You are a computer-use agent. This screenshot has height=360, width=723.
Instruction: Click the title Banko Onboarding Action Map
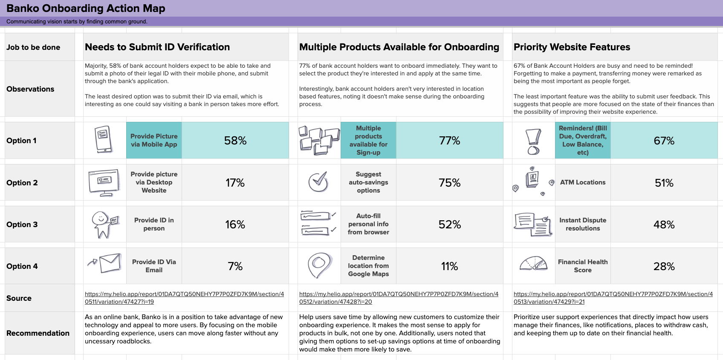point(86,9)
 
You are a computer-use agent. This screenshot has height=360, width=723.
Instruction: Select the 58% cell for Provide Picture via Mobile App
point(235,141)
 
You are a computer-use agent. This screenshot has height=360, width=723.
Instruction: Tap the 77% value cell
point(449,141)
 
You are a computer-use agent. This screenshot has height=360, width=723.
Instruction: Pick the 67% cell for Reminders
point(664,141)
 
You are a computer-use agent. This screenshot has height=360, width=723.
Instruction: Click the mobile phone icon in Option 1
point(104,139)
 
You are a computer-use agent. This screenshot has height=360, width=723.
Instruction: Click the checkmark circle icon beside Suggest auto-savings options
point(318,182)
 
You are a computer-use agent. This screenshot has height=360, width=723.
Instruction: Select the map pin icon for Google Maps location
point(319,265)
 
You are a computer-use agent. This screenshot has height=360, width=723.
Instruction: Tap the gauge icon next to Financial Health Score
point(533,264)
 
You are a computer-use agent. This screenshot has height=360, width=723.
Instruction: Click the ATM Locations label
point(582,182)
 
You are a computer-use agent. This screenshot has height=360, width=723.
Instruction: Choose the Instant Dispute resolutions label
point(582,224)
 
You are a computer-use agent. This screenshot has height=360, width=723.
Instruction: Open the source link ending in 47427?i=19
point(184,298)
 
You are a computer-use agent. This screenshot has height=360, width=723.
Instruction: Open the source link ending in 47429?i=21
point(613,298)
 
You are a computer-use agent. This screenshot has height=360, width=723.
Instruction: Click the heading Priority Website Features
point(572,47)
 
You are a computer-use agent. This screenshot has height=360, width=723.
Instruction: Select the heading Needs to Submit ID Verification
point(157,47)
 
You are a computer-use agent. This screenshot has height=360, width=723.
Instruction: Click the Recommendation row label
point(38,333)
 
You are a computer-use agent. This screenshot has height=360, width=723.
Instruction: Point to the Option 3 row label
point(22,225)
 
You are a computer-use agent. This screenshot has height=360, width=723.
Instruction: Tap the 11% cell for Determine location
point(449,266)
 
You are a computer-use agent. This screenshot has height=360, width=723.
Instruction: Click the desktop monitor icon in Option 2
point(104,182)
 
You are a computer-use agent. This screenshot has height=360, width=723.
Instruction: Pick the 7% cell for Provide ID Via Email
point(235,266)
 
